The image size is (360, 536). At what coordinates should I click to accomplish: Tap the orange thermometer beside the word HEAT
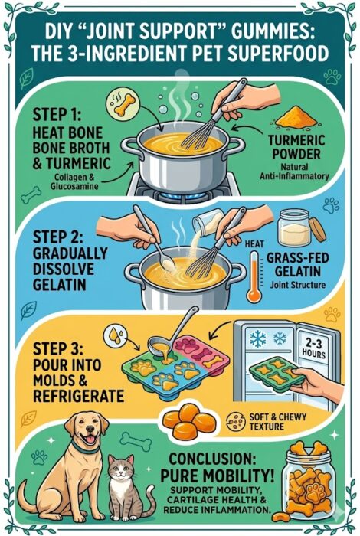point(254,277)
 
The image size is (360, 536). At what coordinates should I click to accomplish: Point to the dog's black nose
point(90,429)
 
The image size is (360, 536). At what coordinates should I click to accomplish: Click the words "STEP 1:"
point(57,115)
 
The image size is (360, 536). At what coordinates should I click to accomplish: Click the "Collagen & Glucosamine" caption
point(74,181)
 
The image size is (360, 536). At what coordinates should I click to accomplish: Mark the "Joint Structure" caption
point(297,285)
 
